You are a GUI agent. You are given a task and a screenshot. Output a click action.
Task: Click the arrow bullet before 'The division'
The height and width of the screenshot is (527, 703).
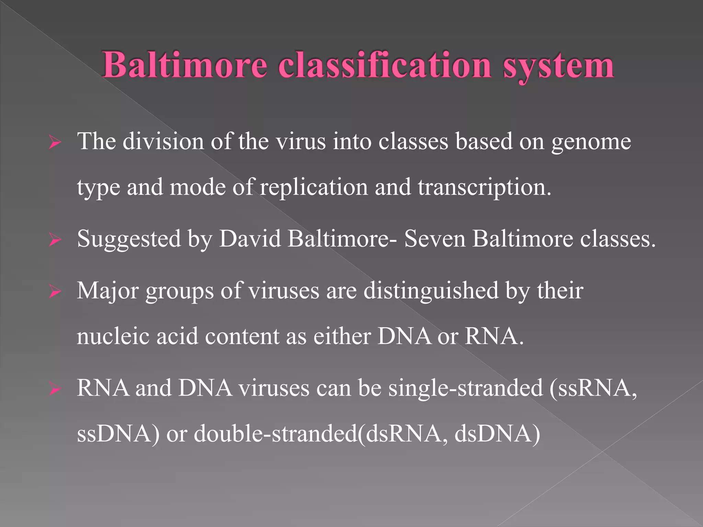click(x=55, y=142)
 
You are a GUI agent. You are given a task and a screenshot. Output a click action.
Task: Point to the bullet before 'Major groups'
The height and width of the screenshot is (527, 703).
click(x=55, y=292)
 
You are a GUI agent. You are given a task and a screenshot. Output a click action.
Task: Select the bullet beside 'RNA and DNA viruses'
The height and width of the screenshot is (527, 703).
click(x=55, y=389)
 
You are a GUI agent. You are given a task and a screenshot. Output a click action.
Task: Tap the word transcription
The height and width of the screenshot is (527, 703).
click(x=484, y=188)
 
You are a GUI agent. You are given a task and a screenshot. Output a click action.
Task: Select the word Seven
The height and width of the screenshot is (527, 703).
click(x=435, y=239)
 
